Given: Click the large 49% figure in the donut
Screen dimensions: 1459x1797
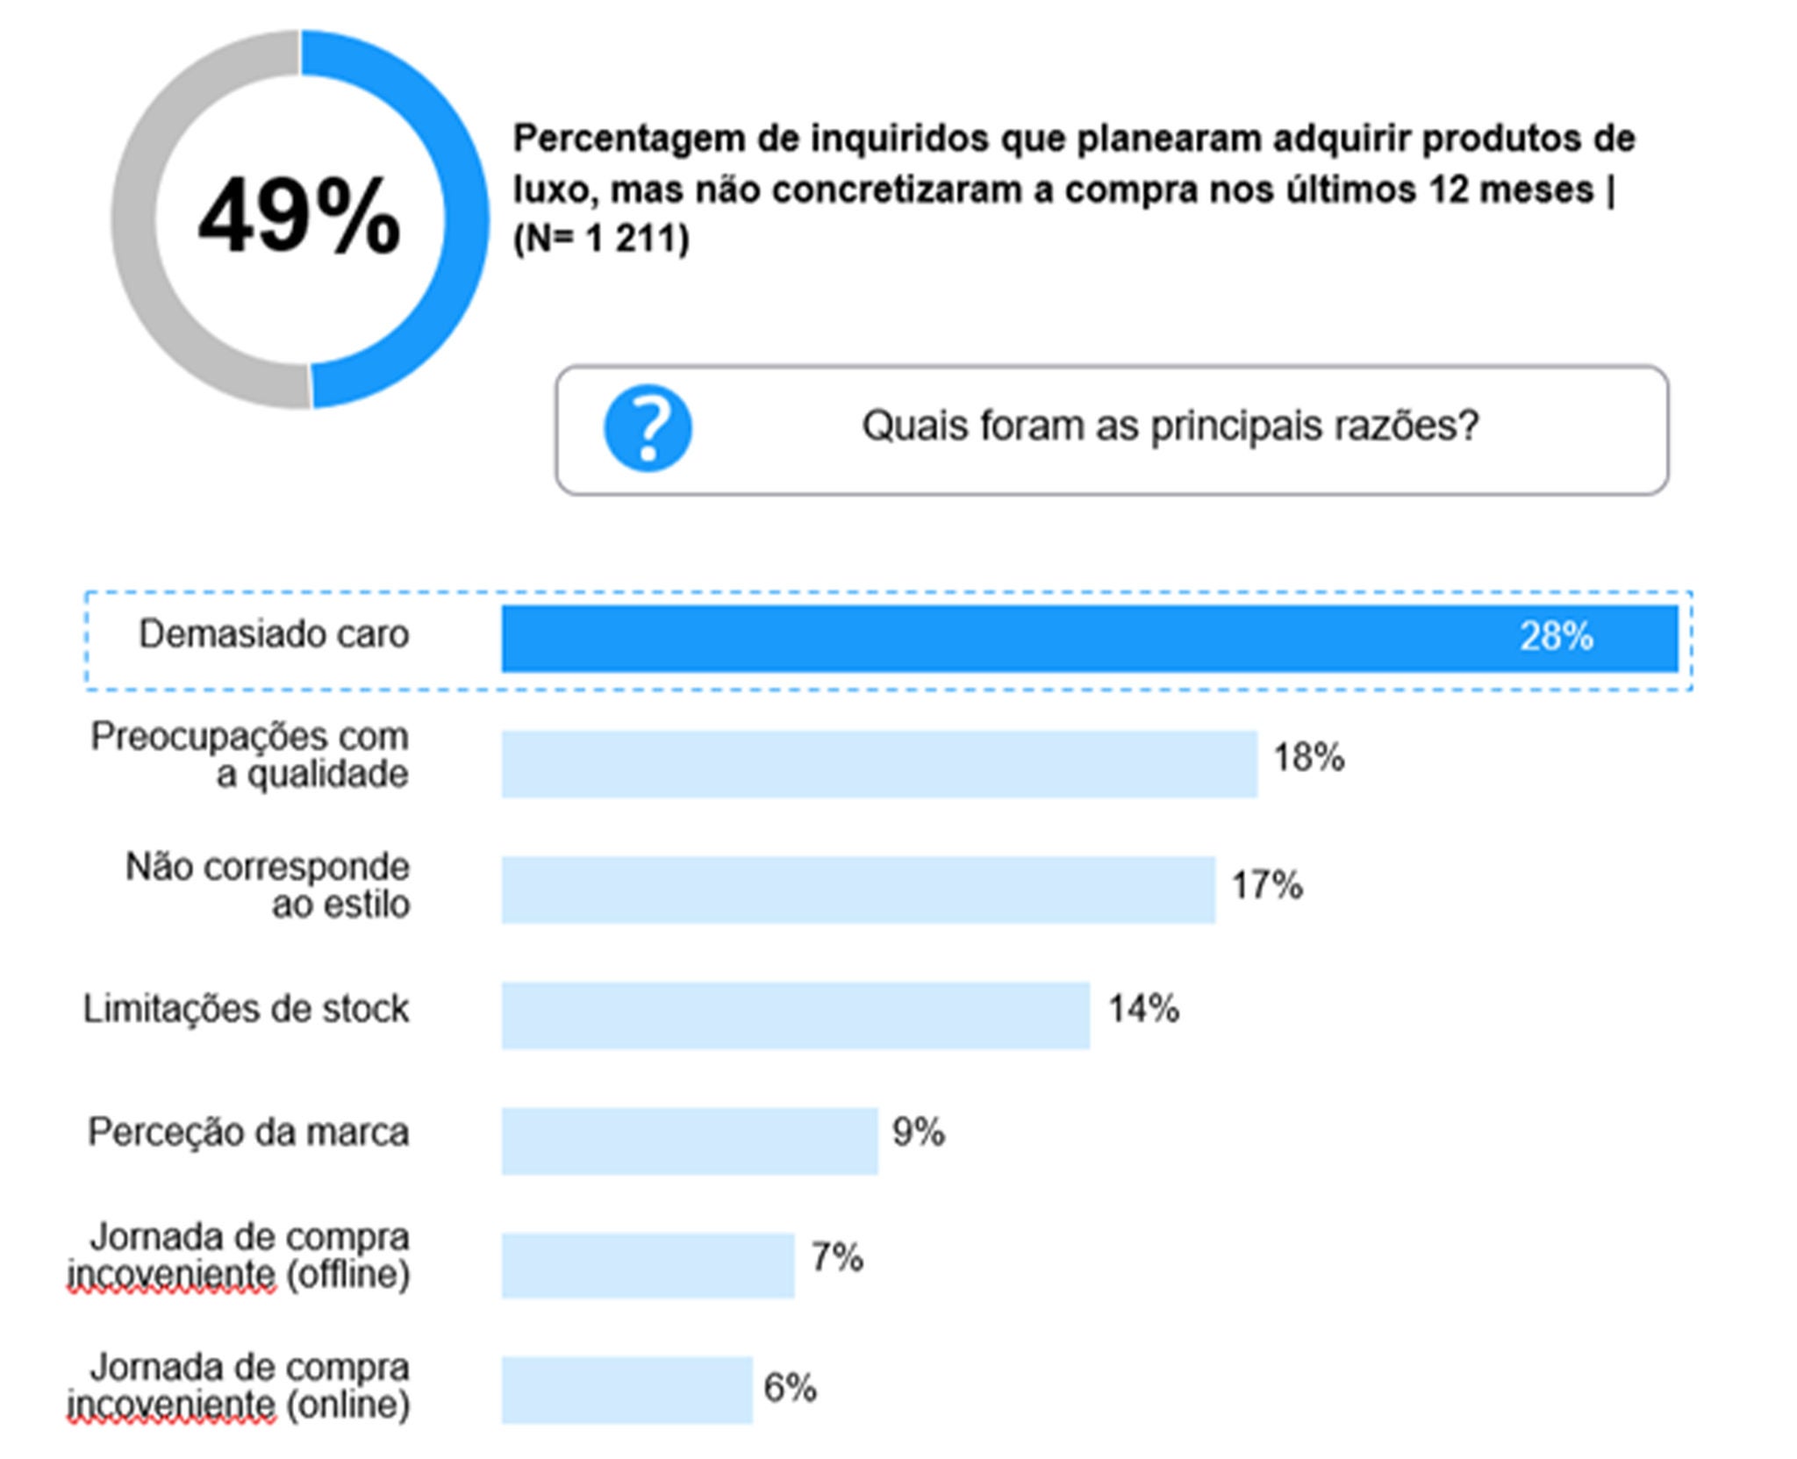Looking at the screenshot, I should [x=299, y=216].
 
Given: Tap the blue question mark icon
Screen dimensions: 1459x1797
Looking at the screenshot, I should [x=648, y=428].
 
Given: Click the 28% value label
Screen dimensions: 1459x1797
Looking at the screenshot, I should [x=1556, y=636].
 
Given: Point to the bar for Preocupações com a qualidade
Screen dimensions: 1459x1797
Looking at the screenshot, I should [x=878, y=763].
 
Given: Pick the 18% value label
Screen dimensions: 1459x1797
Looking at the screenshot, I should [x=1308, y=757].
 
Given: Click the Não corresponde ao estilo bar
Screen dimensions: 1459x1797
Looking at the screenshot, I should [x=857, y=889].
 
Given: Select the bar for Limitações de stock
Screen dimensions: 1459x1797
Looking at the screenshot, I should [x=795, y=1014].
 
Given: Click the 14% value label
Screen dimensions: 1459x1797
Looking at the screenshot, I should [x=1143, y=1009].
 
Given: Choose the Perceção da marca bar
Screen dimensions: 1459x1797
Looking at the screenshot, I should [x=689, y=1140].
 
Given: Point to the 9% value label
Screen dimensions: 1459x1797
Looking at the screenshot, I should [x=918, y=1133].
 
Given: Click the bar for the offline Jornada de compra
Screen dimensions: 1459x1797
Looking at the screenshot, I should [x=648, y=1264].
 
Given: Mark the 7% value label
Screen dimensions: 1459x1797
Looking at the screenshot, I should [x=836, y=1257].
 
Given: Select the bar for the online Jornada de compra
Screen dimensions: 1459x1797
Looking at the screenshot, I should [x=626, y=1390].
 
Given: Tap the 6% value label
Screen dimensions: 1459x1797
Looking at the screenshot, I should [x=790, y=1387].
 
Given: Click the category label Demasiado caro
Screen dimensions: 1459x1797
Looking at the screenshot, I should [x=274, y=633].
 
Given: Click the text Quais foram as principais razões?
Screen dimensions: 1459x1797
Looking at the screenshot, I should [x=1170, y=426].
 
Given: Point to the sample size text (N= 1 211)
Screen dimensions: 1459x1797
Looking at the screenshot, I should [x=601, y=239].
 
